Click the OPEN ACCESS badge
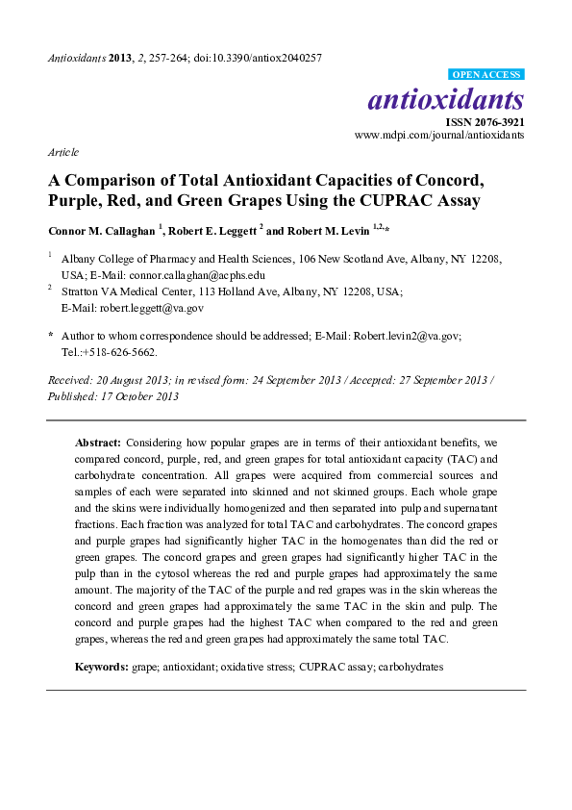486,74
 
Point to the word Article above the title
62,152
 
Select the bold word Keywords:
103,665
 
